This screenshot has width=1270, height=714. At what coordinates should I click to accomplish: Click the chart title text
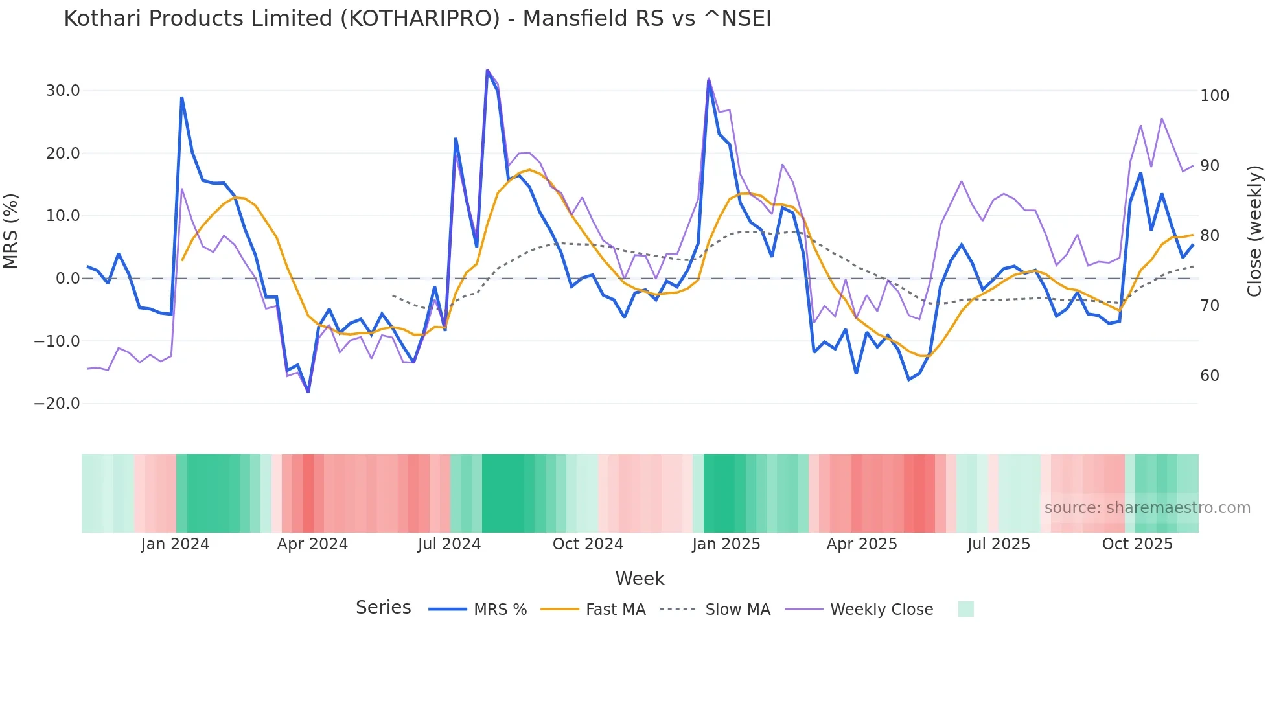417,19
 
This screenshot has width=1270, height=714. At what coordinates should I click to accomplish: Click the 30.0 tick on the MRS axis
63,91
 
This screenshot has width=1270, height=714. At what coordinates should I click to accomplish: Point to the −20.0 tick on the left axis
57,404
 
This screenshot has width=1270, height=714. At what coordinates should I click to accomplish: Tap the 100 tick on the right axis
1214,96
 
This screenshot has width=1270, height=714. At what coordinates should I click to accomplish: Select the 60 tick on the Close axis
1210,376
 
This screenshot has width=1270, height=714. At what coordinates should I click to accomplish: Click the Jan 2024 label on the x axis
175,544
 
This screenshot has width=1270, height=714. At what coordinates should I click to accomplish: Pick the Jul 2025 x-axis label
999,544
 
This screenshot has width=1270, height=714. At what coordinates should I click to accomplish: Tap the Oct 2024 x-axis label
588,544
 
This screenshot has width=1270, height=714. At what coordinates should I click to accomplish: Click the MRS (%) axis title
11,231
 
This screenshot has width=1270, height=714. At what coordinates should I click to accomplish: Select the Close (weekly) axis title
1254,231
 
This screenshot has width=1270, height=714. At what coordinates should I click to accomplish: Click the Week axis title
640,579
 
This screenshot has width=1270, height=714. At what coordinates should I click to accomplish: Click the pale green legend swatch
965,609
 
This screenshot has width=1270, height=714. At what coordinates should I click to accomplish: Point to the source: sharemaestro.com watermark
1147,508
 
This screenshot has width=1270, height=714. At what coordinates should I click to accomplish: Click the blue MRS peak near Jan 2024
182,98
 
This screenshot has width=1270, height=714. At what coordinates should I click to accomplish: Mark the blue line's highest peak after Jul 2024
487,71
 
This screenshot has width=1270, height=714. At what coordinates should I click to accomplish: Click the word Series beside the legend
383,608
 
